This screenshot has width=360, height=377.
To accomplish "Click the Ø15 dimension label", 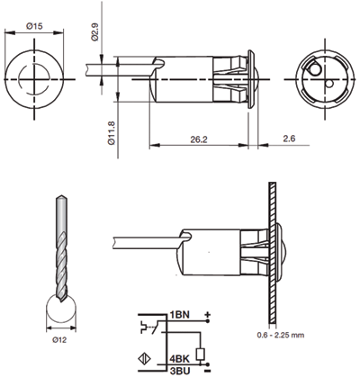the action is [x=34, y=26].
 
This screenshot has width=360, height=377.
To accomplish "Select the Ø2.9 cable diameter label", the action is [x=94, y=32].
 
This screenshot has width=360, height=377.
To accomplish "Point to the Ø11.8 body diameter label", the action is [x=112, y=133].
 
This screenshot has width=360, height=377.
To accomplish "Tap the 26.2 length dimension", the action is [x=199, y=139].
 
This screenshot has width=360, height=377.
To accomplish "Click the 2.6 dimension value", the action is [x=289, y=139].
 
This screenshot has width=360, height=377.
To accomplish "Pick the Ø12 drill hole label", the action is [x=59, y=340].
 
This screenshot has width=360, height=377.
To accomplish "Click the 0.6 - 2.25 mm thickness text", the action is [x=281, y=335].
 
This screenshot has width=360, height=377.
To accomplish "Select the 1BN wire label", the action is [x=180, y=315].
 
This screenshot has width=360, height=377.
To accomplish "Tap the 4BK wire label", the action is [x=179, y=359].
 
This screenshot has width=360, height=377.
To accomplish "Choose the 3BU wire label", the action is [x=180, y=371].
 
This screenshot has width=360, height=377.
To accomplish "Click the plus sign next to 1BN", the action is [x=207, y=315].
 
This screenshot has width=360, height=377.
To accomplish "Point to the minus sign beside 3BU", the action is [x=207, y=372].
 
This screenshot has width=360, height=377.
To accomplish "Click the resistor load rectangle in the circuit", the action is [x=200, y=355].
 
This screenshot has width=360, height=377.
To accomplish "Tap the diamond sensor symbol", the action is [x=144, y=359].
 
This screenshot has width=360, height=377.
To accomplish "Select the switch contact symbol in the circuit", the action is [x=151, y=327].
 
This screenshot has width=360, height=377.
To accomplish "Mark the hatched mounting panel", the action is [x=273, y=253].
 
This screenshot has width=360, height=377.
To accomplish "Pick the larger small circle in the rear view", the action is [x=315, y=69].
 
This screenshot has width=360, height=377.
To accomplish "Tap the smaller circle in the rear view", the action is [x=329, y=84].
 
